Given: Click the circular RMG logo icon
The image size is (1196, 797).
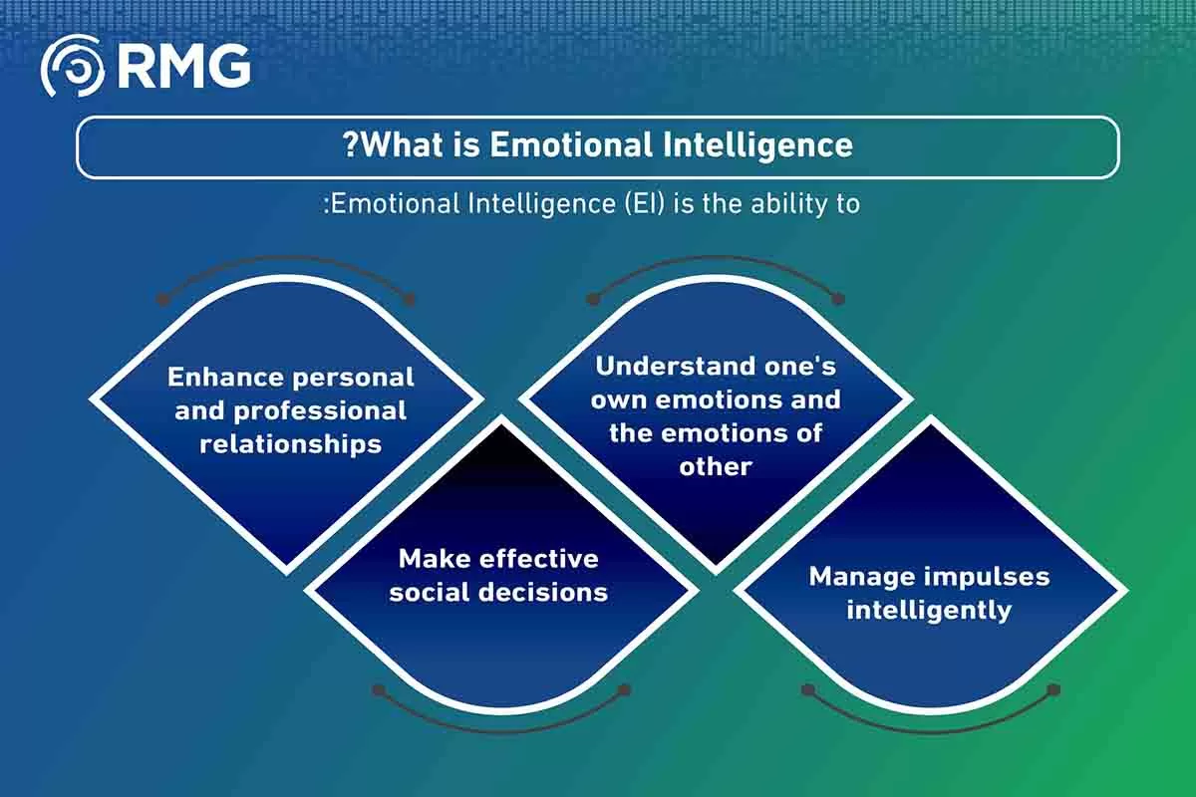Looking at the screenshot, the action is [x=73, y=66].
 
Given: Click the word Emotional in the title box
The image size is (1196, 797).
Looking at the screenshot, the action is [x=571, y=144].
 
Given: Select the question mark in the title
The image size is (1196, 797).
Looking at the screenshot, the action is [x=350, y=144].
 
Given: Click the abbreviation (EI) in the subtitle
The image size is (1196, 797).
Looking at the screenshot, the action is [x=645, y=204].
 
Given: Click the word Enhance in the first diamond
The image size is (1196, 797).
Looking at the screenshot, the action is [x=225, y=377].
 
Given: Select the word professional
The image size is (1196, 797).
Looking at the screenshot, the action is [x=320, y=411].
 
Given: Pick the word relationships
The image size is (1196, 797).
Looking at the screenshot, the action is [x=291, y=444].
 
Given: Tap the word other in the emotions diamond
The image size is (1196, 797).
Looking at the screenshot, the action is [x=716, y=466].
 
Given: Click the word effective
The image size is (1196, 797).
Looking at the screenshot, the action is [x=539, y=559].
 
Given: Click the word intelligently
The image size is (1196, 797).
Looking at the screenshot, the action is [x=929, y=610].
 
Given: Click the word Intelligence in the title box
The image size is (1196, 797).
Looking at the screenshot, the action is [x=758, y=145].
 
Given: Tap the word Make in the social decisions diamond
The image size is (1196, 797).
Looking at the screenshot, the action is [x=435, y=559].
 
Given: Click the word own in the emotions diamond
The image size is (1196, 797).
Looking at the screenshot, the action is [x=618, y=399].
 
